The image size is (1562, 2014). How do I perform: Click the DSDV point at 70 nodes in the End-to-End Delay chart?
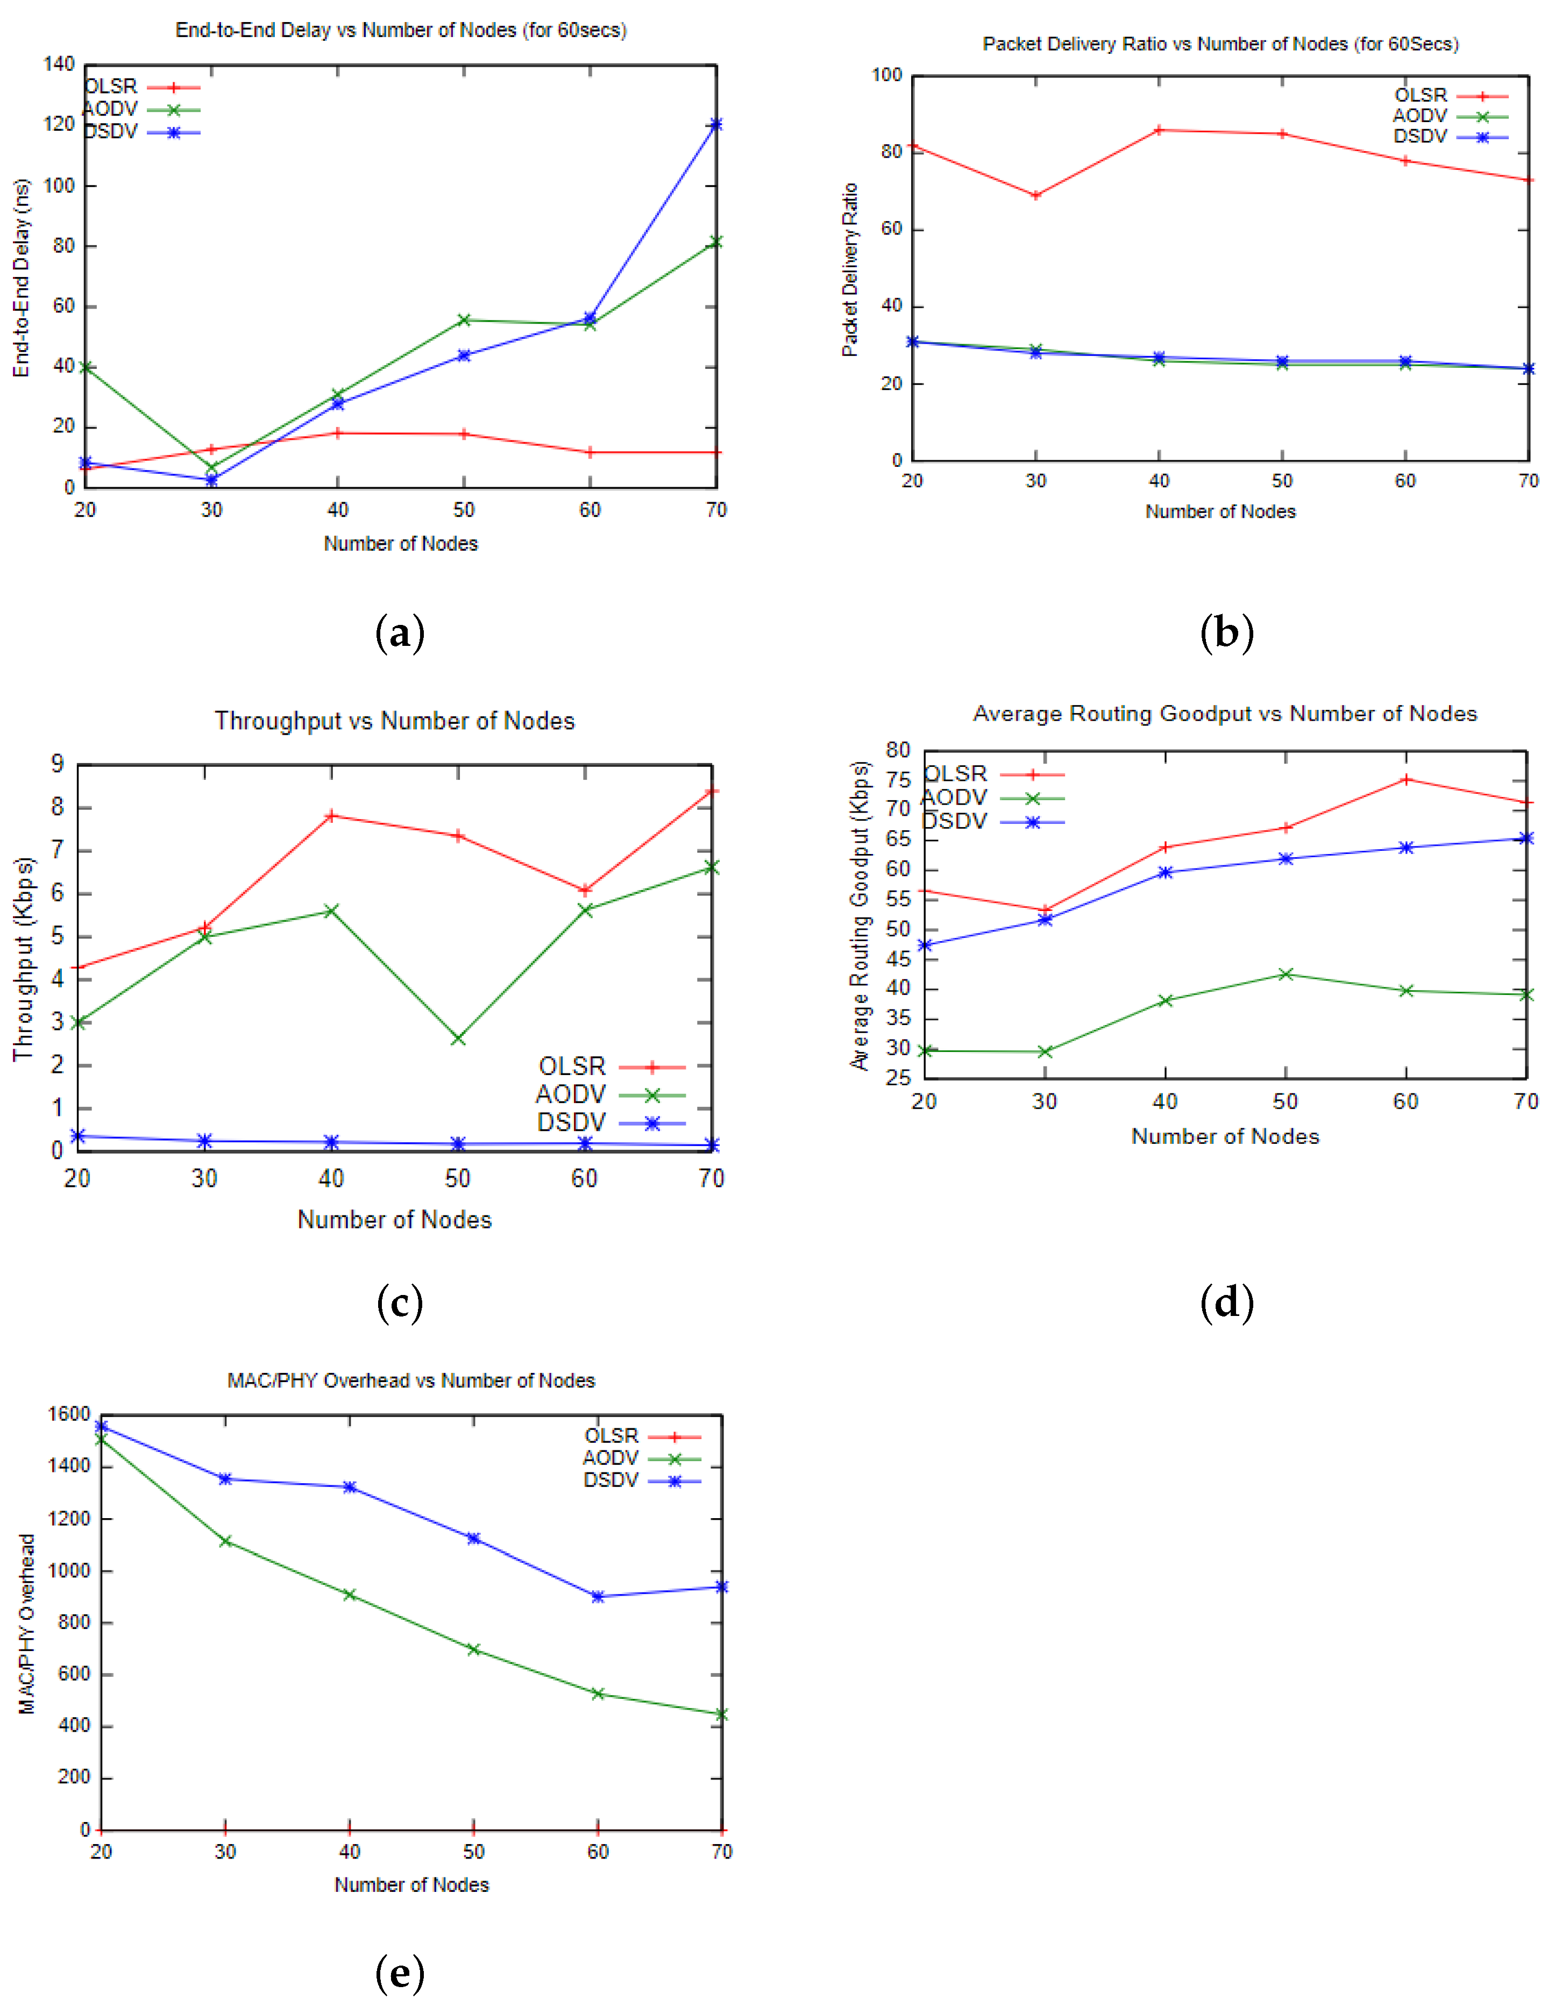click(x=715, y=124)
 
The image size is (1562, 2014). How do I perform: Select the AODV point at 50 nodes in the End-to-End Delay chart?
click(x=464, y=320)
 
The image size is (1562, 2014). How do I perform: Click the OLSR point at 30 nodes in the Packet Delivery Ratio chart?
click(x=1035, y=196)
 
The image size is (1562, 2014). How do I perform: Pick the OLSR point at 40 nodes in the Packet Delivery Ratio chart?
click(x=1159, y=130)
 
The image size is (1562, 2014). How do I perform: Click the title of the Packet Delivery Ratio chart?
click(x=1220, y=44)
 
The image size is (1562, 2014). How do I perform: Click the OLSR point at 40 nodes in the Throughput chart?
click(x=331, y=815)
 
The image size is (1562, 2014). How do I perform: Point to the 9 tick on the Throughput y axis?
click(x=57, y=764)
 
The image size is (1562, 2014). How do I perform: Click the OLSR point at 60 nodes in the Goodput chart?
click(x=1406, y=779)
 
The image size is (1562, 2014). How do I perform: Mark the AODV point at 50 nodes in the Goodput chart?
click(x=1286, y=974)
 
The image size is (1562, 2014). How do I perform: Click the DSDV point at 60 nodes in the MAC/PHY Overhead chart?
click(x=598, y=1596)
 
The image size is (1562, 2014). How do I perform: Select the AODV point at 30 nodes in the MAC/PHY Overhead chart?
click(x=225, y=1541)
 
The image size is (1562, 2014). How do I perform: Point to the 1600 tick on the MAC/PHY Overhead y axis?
click(x=69, y=1414)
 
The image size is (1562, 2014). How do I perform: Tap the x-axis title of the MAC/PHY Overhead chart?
click(x=411, y=1885)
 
